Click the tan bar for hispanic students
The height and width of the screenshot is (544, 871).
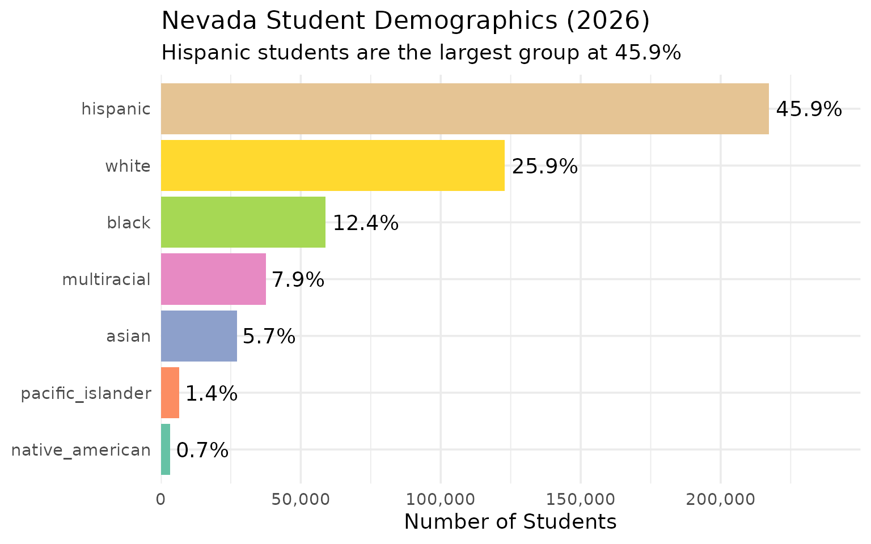coord(464,109)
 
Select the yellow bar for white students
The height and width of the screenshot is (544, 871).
coord(332,165)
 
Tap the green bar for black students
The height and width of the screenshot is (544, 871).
coord(243,222)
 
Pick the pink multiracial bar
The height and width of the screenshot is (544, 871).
coord(213,279)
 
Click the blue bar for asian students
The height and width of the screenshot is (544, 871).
coord(198,335)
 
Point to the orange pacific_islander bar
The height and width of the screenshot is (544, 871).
coord(170,392)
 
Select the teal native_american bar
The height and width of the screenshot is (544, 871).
coord(166,449)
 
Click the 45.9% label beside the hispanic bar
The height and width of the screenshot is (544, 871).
coord(809,109)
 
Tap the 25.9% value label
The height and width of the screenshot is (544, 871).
coord(544,167)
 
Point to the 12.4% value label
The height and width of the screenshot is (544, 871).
coord(365,223)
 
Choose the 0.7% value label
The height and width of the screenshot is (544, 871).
coord(202,450)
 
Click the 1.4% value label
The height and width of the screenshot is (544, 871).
coord(211,393)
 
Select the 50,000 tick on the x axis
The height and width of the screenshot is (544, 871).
coord(301,499)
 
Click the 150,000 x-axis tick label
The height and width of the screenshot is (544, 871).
coord(581,499)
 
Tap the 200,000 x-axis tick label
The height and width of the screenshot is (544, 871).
coord(720,499)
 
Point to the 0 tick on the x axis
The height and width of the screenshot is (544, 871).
coord(161,499)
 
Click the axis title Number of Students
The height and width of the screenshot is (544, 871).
coord(510,522)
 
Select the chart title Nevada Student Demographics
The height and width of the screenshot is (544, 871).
coord(405,22)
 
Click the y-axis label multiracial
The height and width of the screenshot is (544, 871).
coord(107,279)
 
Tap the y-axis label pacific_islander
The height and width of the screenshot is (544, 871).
coord(86,393)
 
